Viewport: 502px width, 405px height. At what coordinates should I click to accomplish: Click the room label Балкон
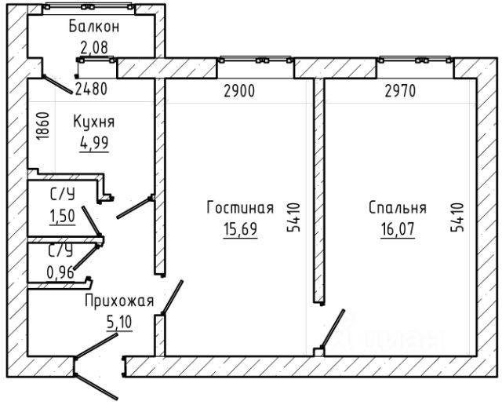coord(94,26)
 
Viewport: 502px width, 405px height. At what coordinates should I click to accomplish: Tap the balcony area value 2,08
coord(94,48)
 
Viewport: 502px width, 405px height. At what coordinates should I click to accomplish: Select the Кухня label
coord(94,122)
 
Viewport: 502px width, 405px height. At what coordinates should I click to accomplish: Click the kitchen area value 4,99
coord(94,143)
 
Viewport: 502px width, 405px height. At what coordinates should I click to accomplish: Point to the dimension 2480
coord(91,89)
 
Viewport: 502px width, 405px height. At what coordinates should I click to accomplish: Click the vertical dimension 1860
coord(42,126)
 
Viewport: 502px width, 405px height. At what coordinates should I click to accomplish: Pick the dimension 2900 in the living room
coord(239,91)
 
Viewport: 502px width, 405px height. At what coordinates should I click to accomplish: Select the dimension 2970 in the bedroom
coord(400,91)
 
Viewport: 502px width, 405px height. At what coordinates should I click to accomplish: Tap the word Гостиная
coord(240,207)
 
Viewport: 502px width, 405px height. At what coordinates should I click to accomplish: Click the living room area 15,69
coord(240,228)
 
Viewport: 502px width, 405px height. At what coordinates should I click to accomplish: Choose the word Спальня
coord(398,207)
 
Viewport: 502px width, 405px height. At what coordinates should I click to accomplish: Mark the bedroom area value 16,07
coord(398,228)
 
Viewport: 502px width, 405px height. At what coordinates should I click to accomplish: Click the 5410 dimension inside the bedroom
coord(457,217)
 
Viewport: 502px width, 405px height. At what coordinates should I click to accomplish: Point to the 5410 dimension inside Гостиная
coord(294,217)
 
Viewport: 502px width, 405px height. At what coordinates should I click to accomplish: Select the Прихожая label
coord(119,301)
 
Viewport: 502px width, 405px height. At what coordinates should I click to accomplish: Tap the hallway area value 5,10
coord(119,323)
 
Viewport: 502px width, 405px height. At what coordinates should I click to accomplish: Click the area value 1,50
coord(63,216)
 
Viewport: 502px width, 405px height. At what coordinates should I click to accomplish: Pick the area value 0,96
coord(61,273)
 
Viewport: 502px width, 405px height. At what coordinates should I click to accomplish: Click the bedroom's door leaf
coord(333,328)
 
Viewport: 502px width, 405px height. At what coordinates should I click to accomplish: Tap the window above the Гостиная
coord(256,60)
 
